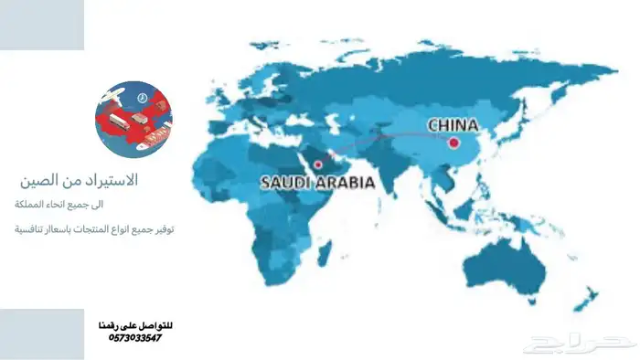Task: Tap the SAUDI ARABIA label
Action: pyautogui.click(x=317, y=182)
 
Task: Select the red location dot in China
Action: pyautogui.click(x=453, y=142)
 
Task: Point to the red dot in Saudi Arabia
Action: pyautogui.click(x=317, y=164)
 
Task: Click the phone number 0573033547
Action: pyautogui.click(x=134, y=338)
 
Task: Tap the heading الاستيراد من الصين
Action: pyautogui.click(x=91, y=180)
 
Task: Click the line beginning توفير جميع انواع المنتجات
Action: pyautogui.click(x=91, y=229)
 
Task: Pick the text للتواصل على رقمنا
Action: pyautogui.click(x=134, y=325)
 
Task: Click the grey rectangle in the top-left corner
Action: pyautogui.click(x=42, y=25)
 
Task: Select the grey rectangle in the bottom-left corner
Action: pyautogui.click(x=42, y=334)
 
